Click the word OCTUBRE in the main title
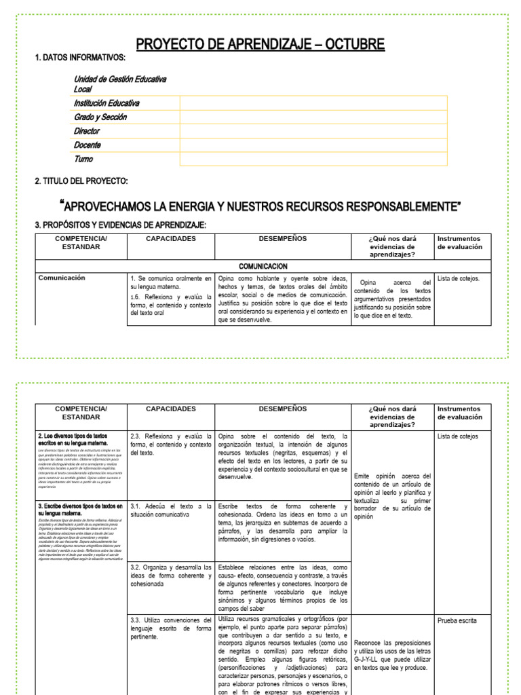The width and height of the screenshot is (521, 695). (x=353, y=45)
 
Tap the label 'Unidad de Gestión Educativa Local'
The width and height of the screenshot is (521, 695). (x=119, y=84)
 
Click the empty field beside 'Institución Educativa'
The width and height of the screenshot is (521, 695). (x=313, y=102)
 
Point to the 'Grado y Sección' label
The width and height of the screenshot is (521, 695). (x=100, y=117)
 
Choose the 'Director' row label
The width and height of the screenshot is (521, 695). (x=86, y=131)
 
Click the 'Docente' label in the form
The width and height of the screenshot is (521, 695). (x=87, y=145)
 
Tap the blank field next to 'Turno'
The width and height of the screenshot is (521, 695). (x=313, y=159)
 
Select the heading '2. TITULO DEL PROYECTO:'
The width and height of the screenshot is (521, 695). (x=81, y=181)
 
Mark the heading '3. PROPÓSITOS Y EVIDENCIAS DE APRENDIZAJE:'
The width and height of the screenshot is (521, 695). (x=120, y=225)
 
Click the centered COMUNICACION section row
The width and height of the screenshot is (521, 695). (x=263, y=267)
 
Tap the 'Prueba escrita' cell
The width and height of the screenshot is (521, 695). (x=457, y=620)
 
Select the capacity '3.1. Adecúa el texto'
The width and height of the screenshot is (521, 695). (x=170, y=511)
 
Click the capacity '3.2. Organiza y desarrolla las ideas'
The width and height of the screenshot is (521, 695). (x=170, y=575)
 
